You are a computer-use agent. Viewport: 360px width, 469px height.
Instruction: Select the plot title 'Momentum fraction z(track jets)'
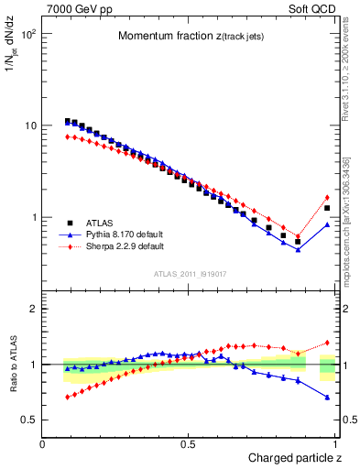[x=191, y=36]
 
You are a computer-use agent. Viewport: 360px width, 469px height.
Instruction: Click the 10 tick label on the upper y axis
[x=30, y=125]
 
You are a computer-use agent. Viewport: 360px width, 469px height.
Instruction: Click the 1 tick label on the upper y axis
[x=34, y=218]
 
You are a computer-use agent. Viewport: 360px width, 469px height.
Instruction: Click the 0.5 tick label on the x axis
[x=189, y=443]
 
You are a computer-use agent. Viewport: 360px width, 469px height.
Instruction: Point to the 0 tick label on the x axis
[x=43, y=443]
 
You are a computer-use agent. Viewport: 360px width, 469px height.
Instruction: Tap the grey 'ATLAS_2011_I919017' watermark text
[x=191, y=273]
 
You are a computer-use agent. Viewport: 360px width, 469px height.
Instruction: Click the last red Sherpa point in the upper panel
[x=327, y=197]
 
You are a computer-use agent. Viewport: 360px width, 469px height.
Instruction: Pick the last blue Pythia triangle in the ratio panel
[x=327, y=397]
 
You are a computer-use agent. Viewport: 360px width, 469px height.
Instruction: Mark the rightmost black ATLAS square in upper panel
[x=327, y=208]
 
